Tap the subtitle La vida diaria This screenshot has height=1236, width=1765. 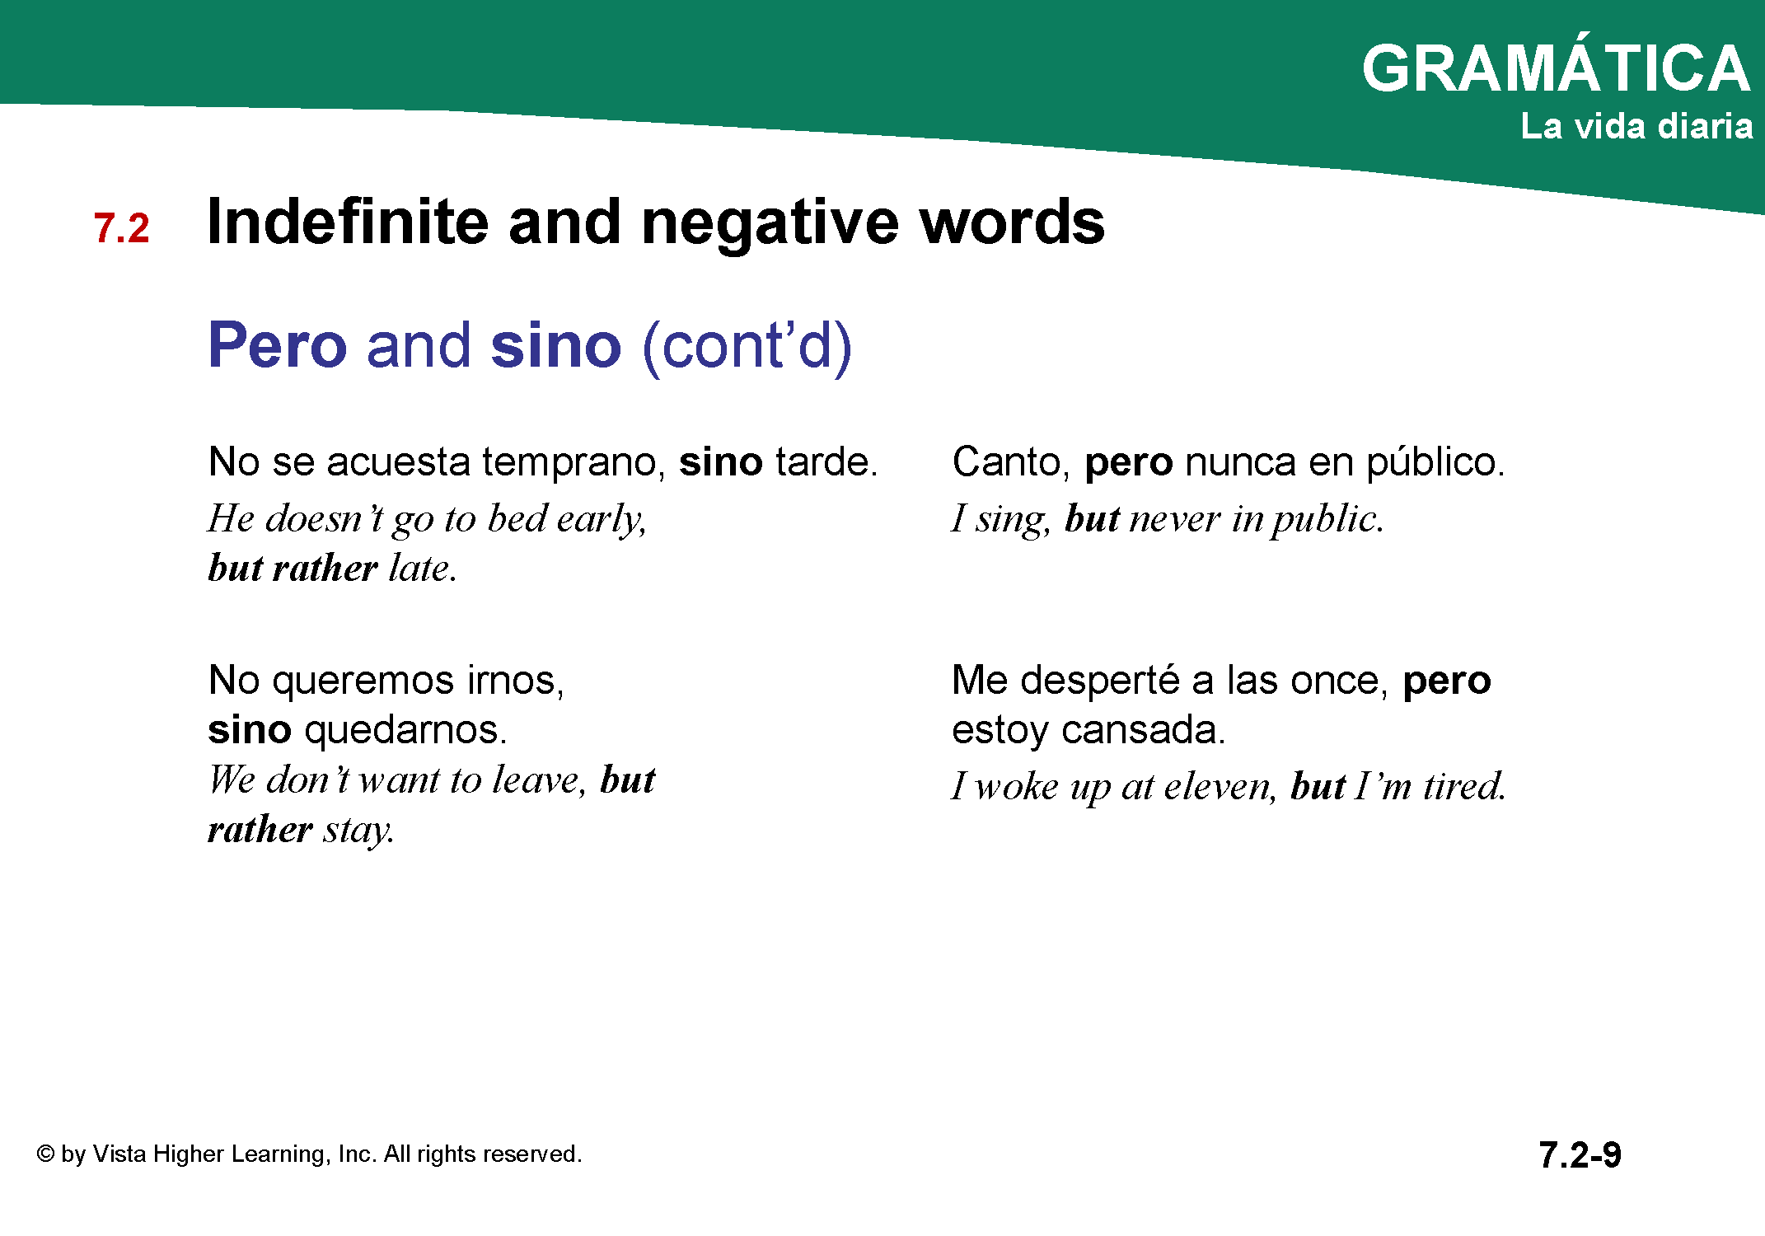point(1636,126)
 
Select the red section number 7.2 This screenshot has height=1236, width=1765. point(122,228)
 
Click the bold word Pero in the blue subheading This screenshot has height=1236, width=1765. point(278,344)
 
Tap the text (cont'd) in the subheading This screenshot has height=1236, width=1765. point(747,347)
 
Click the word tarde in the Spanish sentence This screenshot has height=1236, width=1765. point(826,461)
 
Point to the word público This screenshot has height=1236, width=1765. point(1435,462)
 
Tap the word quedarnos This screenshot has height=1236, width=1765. point(405,730)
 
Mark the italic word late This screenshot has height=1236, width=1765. point(422,568)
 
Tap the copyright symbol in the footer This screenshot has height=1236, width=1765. point(45,1154)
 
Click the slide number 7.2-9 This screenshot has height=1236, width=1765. point(1580,1155)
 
